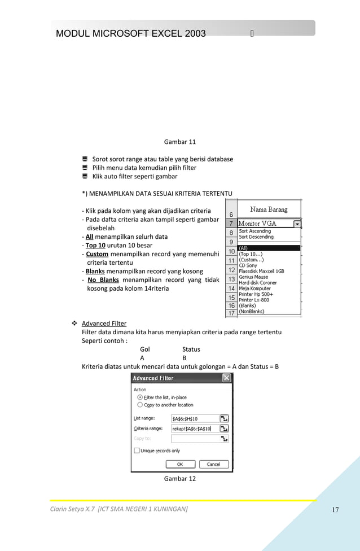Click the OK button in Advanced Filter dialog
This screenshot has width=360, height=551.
[x=180, y=464]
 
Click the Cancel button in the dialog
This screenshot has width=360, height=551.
[x=213, y=464]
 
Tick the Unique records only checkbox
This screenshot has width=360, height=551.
[x=137, y=451]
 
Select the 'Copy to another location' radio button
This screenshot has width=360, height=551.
[x=140, y=405]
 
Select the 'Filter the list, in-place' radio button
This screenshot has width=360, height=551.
[x=140, y=397]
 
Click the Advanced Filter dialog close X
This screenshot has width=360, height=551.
[x=226, y=378]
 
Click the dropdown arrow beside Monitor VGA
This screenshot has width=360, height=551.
[x=297, y=224]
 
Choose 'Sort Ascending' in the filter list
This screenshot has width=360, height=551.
[x=254, y=231]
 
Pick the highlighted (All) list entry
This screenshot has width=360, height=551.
[x=269, y=248]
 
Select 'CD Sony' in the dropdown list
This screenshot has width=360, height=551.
[x=248, y=265]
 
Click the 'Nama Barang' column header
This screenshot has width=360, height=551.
[x=269, y=209]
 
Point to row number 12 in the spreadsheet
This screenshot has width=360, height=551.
[x=231, y=270]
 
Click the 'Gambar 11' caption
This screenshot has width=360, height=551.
[x=179, y=141]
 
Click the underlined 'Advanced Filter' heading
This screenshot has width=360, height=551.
[x=104, y=323]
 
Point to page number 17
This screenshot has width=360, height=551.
[x=335, y=510]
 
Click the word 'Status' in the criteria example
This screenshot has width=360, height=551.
[x=191, y=349]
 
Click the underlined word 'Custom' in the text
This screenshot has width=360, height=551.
[x=97, y=254]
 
